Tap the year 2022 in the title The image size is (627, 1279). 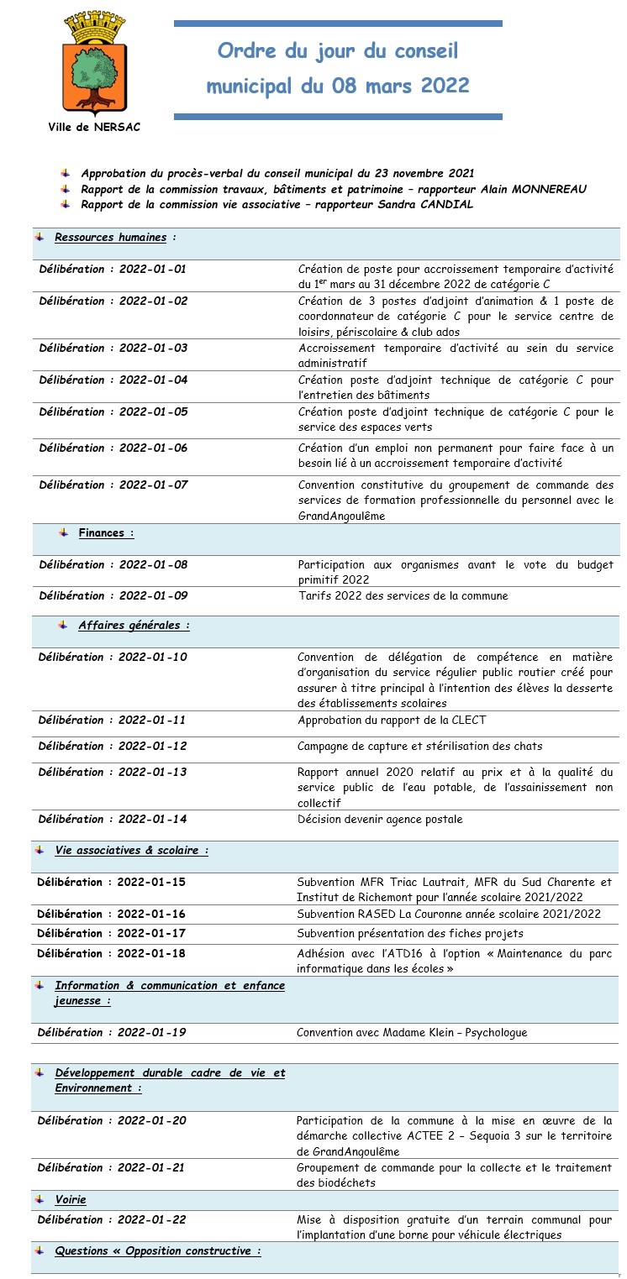coord(444,86)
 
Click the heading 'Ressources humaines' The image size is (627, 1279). coord(110,238)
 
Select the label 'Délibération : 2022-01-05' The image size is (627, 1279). coord(113,411)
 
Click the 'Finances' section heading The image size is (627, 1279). coord(101,532)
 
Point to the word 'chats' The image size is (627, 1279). coord(526,746)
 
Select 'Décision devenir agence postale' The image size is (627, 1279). coord(380,820)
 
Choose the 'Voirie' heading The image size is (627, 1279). coord(71,1200)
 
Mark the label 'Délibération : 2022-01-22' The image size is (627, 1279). coord(112,1219)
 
